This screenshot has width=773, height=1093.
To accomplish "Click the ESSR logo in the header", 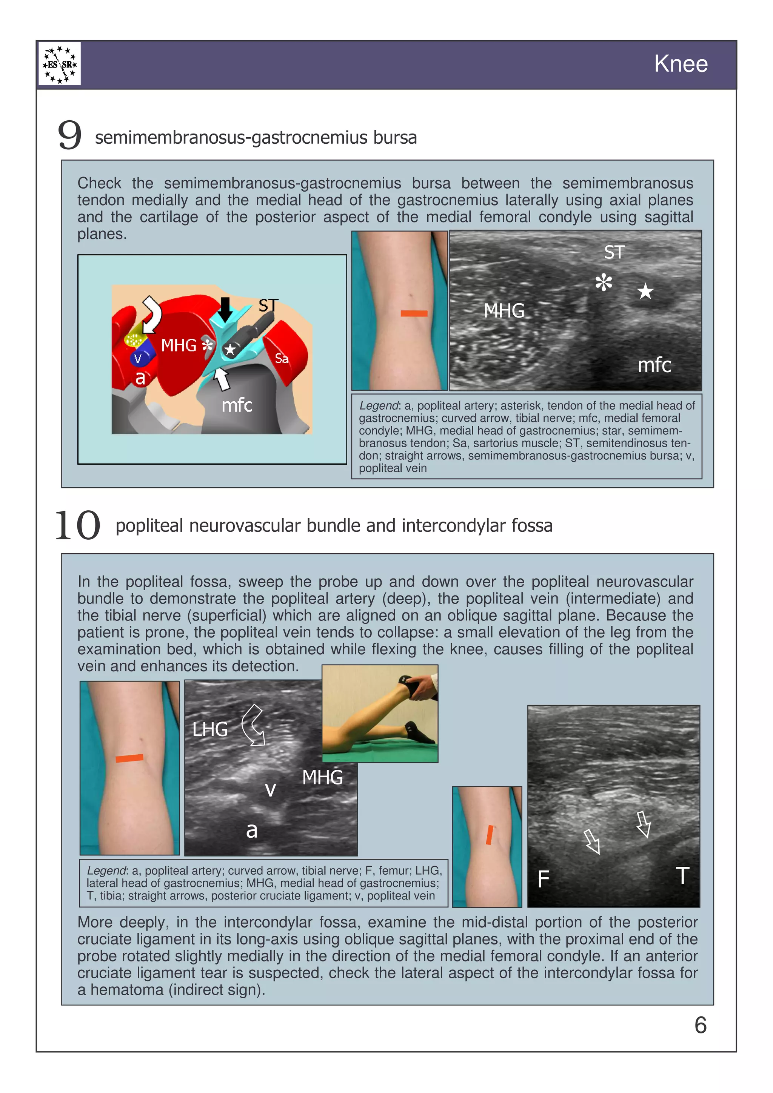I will pos(60,64).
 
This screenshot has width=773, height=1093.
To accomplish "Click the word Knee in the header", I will pos(680,64).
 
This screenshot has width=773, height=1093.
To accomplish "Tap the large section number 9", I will pos(69,135).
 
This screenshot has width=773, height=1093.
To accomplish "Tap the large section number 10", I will pos(78,525).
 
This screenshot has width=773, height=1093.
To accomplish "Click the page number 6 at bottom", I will pos(700,1025).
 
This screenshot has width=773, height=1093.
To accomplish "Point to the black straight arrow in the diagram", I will pos(225,309).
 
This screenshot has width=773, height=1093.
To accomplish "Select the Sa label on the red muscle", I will pos(282,358).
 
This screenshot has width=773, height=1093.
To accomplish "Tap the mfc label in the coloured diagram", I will pos(237,405).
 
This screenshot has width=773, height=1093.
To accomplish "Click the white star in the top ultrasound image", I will pos(645,291).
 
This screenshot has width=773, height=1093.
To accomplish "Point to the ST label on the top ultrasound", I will pos(614,252).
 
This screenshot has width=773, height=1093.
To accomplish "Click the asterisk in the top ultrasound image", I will pos(604,283).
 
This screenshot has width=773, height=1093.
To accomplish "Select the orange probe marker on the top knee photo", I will pos(414,313).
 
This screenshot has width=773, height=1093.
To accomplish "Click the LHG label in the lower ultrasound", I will pos(210,729).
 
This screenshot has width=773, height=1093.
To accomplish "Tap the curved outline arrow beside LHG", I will pos(253,725).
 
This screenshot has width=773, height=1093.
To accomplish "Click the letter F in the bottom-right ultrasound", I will pos(544,879).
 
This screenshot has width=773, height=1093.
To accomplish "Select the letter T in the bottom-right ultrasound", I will pos(682,875).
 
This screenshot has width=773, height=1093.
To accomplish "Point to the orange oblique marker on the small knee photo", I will pos(489,835).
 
